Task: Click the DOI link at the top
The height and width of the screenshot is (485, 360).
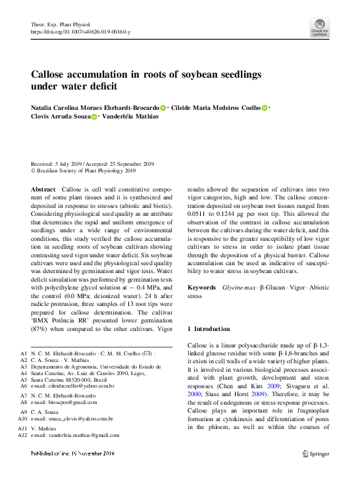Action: (80, 32)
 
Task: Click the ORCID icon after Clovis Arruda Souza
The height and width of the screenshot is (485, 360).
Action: (94, 116)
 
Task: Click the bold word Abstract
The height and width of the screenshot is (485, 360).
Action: (43, 189)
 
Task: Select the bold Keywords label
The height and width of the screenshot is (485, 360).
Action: (201, 288)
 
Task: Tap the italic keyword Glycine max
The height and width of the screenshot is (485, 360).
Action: (239, 288)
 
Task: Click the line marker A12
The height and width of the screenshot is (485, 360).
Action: (23, 435)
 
